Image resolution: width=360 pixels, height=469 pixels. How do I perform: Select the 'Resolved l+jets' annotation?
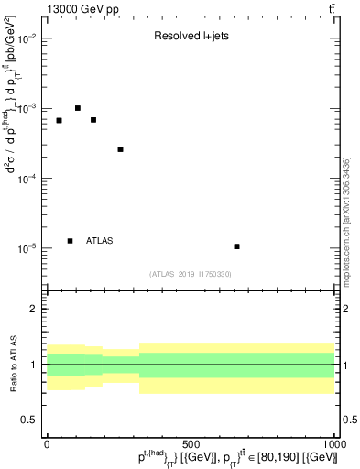(x=190, y=38)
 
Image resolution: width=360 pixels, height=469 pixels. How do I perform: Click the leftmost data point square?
(x=59, y=120)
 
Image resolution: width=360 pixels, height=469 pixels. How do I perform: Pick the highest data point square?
(x=78, y=108)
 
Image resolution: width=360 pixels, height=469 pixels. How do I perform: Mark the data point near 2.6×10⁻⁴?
(x=120, y=149)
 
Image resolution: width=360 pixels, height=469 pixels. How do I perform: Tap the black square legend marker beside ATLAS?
(x=70, y=241)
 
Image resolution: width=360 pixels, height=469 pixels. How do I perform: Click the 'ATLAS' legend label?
(x=100, y=241)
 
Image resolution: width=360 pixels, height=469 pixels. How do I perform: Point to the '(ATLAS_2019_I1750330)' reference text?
(x=191, y=274)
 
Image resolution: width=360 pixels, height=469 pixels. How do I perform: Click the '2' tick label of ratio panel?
(x=36, y=309)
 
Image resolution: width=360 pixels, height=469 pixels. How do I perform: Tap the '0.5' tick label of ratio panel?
(x=30, y=420)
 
